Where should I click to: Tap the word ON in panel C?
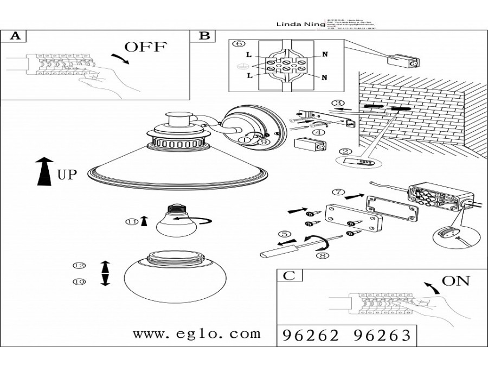pyautogui.click(x=456, y=280)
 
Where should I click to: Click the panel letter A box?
pyautogui.click(x=16, y=36)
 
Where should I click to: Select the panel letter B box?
pyautogui.click(x=204, y=36)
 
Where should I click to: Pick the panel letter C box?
pyautogui.click(x=290, y=275)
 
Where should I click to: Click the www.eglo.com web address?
pyautogui.click(x=197, y=333)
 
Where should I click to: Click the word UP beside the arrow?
pyautogui.click(x=67, y=175)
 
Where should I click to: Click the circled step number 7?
pyautogui.click(x=337, y=192)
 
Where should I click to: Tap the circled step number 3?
pyautogui.click(x=338, y=103)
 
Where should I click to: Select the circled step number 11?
pyautogui.click(x=131, y=221)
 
